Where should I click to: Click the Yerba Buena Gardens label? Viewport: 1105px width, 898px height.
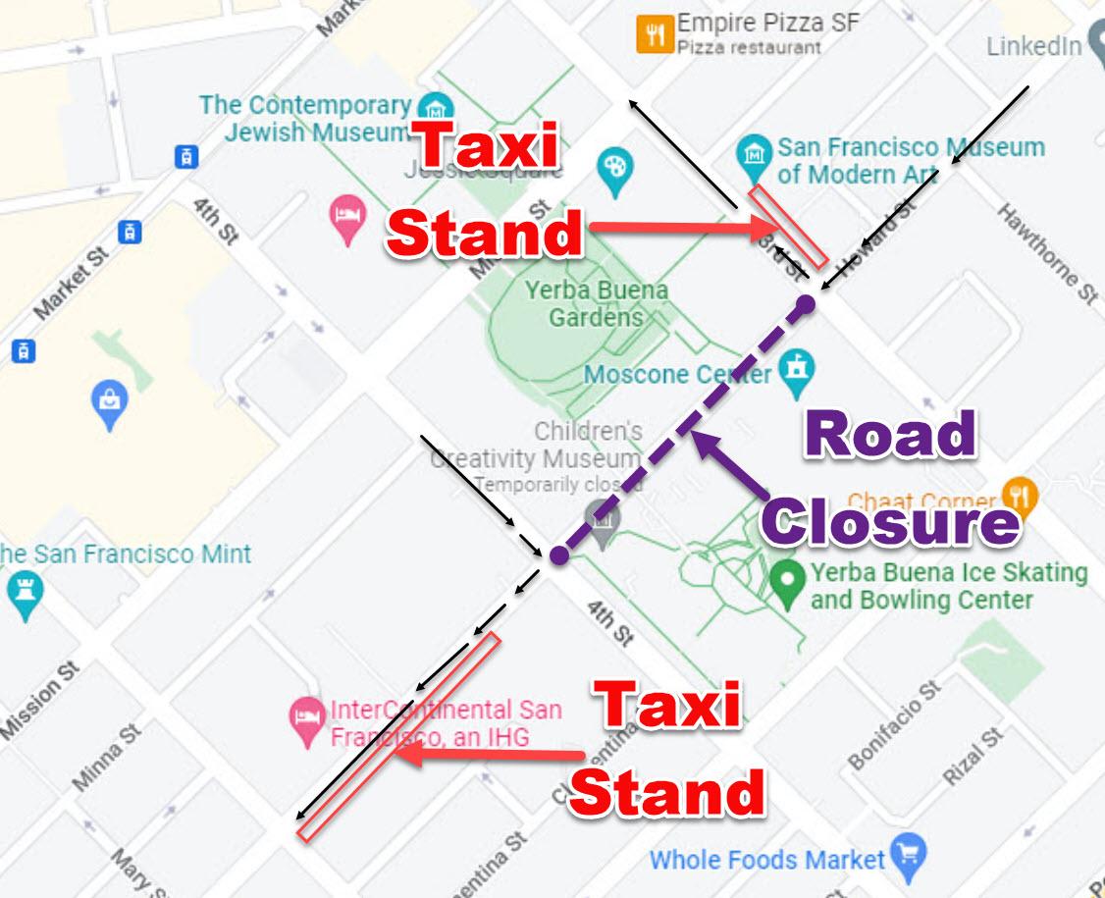click(596, 304)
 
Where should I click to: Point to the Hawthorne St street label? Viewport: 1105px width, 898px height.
click(1047, 252)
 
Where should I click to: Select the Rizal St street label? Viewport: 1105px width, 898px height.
click(973, 757)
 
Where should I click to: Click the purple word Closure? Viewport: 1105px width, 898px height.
click(890, 520)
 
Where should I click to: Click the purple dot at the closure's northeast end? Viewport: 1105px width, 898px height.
click(806, 303)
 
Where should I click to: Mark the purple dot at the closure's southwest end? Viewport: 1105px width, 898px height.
click(557, 555)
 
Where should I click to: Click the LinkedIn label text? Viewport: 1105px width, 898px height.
click(1033, 46)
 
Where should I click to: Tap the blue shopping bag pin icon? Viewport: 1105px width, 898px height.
click(110, 404)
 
